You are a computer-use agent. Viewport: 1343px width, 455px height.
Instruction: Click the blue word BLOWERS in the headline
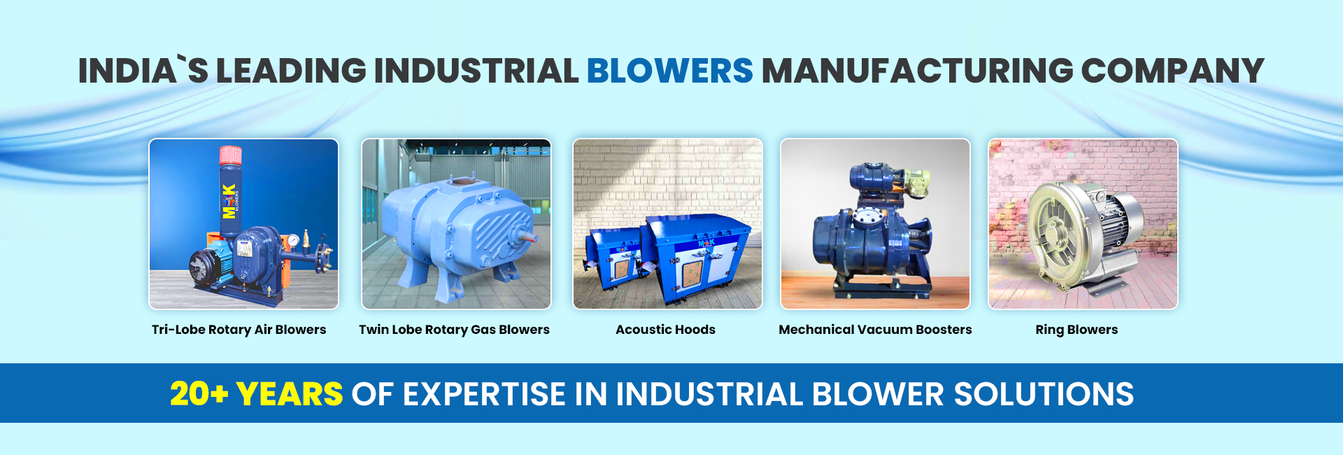[x=669, y=71]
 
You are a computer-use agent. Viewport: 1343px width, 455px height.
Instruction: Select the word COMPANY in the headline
[x=1172, y=71]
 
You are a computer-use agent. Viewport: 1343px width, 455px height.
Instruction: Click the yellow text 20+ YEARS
[x=256, y=393]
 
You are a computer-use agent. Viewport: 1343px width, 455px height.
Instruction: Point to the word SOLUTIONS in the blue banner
[x=1044, y=393]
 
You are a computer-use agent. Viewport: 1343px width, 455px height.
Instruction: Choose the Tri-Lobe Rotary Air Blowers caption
[x=239, y=330]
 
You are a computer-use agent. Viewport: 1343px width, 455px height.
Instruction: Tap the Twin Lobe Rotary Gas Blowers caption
[x=455, y=330]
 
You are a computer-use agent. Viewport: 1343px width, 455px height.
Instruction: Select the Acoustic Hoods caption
[x=666, y=330]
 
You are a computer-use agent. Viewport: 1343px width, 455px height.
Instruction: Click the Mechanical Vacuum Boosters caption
[x=875, y=330]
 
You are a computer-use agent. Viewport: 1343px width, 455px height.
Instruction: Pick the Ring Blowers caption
[x=1076, y=330]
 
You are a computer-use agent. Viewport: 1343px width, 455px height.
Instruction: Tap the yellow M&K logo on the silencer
[x=229, y=201]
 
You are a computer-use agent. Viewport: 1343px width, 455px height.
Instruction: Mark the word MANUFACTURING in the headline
[x=917, y=71]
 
